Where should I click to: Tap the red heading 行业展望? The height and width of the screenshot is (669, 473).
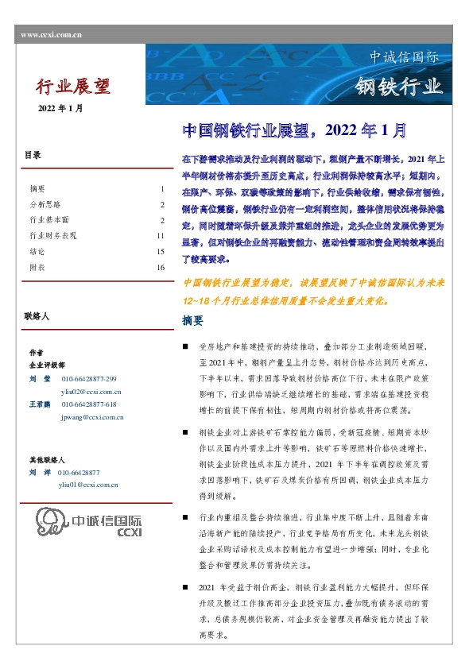[x=74, y=86]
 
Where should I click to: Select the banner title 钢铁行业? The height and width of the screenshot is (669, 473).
[x=397, y=87]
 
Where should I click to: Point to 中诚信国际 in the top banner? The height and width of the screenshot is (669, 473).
[x=405, y=57]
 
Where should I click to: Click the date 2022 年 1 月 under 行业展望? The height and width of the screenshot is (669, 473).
[x=60, y=107]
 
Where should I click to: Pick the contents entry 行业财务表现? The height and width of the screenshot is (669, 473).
[x=52, y=236]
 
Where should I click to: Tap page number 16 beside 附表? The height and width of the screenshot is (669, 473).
[x=160, y=268]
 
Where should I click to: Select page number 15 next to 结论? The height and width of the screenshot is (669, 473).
[x=160, y=252]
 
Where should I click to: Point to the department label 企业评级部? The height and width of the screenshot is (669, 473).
[x=47, y=365]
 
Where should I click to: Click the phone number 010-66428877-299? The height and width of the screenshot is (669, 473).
[x=88, y=379]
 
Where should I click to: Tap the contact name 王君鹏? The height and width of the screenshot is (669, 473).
[x=40, y=404]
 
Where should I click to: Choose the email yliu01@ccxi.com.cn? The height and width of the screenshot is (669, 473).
[x=89, y=484]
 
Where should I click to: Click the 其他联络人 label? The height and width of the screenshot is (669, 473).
[x=47, y=460]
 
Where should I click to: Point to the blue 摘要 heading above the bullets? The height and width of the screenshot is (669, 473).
[x=193, y=322]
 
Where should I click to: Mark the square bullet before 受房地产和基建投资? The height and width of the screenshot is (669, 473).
[x=185, y=347]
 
